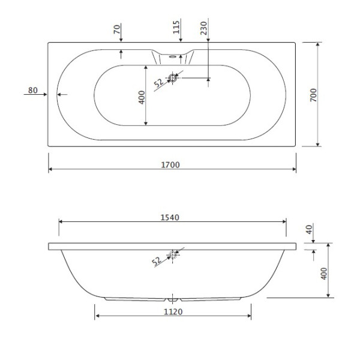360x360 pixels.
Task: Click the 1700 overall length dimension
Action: [x=171, y=164]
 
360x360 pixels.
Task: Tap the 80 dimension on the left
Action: [x=32, y=91]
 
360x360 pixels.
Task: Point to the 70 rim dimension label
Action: [x=117, y=28]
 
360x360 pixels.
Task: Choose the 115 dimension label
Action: [x=177, y=28]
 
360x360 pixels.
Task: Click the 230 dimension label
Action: [x=204, y=28]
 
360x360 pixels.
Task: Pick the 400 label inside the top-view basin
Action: [x=142, y=97]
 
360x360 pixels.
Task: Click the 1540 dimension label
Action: [x=172, y=216]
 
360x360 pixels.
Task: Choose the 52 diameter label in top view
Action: [x=158, y=83]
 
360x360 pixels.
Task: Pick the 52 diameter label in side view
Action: [x=157, y=261]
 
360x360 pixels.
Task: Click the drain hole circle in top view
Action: [x=173, y=77]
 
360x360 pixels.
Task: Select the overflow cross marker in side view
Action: [x=173, y=255]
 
